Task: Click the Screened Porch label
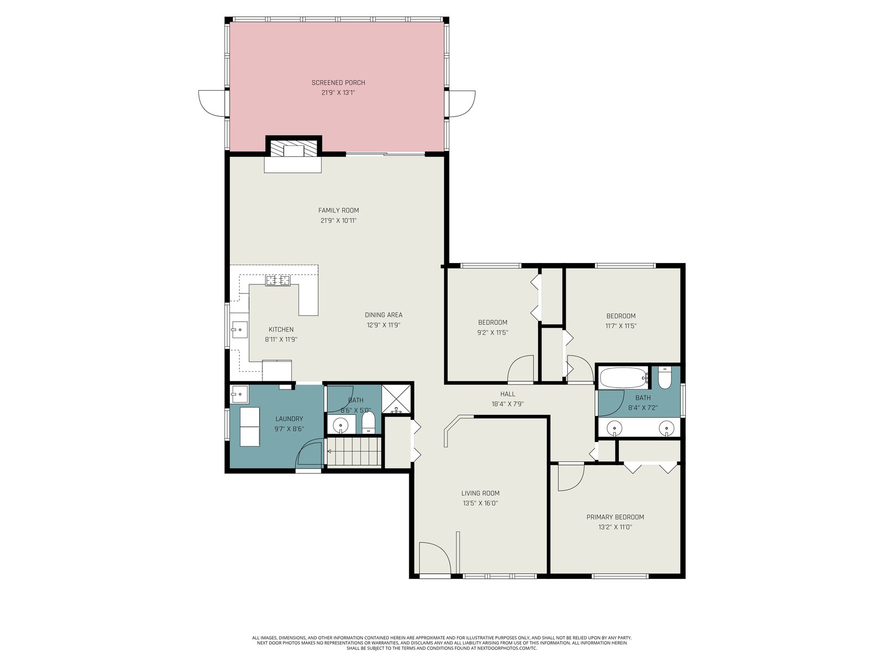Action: [338, 82]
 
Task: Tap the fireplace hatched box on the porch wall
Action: [293, 148]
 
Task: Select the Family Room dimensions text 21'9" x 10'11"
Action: [338, 220]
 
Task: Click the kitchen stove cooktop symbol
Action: [278, 280]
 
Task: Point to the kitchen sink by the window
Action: [239, 329]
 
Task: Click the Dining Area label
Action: [383, 315]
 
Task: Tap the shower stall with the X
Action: [396, 399]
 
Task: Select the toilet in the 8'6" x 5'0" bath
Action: [369, 423]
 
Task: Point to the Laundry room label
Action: [289, 419]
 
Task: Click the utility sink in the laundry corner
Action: [239, 394]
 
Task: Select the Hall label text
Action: [507, 394]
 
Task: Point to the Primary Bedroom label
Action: [615, 517]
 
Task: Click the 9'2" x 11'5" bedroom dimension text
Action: [492, 333]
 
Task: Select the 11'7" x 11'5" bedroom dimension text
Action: [620, 325]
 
